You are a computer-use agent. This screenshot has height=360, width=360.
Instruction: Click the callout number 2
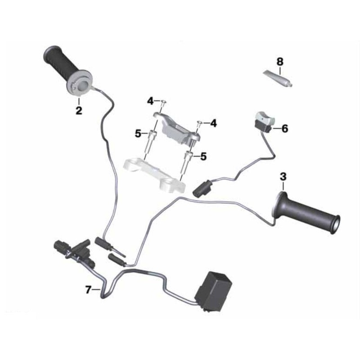tap(79, 110)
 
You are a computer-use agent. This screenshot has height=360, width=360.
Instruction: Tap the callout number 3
tap(283, 177)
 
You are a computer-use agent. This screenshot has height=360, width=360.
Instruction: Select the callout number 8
tap(280, 62)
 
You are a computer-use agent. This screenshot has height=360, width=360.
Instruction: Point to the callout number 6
tap(285, 129)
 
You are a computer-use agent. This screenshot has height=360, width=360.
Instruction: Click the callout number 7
tap(88, 290)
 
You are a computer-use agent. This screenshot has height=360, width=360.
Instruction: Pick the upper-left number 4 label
tap(150, 101)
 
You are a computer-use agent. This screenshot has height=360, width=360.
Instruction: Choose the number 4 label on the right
tap(213, 123)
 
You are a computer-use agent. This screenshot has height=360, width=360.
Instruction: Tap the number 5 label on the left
tap(138, 133)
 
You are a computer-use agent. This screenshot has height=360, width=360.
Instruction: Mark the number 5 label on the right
tap(203, 157)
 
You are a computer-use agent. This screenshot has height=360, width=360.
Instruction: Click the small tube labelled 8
tap(278, 78)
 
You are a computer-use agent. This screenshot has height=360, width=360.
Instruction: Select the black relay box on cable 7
tap(213, 291)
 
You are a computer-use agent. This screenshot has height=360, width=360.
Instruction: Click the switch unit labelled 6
tap(264, 121)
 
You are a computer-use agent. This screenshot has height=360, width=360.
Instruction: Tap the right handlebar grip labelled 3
tap(306, 212)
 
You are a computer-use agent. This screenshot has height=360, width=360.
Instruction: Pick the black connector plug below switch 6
tap(202, 188)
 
